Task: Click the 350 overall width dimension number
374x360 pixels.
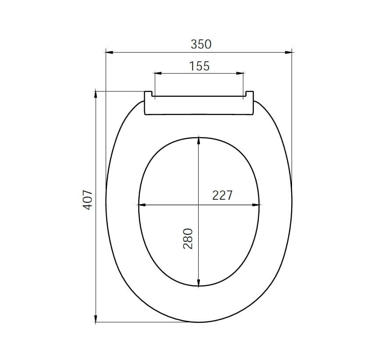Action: (x=201, y=44)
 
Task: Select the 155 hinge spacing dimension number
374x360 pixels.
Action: (x=199, y=66)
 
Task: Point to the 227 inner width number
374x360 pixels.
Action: (x=222, y=195)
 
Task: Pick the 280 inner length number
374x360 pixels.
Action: (x=188, y=239)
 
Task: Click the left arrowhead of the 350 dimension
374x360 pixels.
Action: (x=109, y=52)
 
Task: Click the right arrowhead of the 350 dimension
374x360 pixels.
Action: (x=289, y=52)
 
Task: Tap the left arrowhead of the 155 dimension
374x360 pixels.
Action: (x=158, y=74)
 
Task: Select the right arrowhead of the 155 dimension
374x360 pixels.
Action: (x=240, y=74)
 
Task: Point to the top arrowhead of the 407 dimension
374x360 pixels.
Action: (x=96, y=95)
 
